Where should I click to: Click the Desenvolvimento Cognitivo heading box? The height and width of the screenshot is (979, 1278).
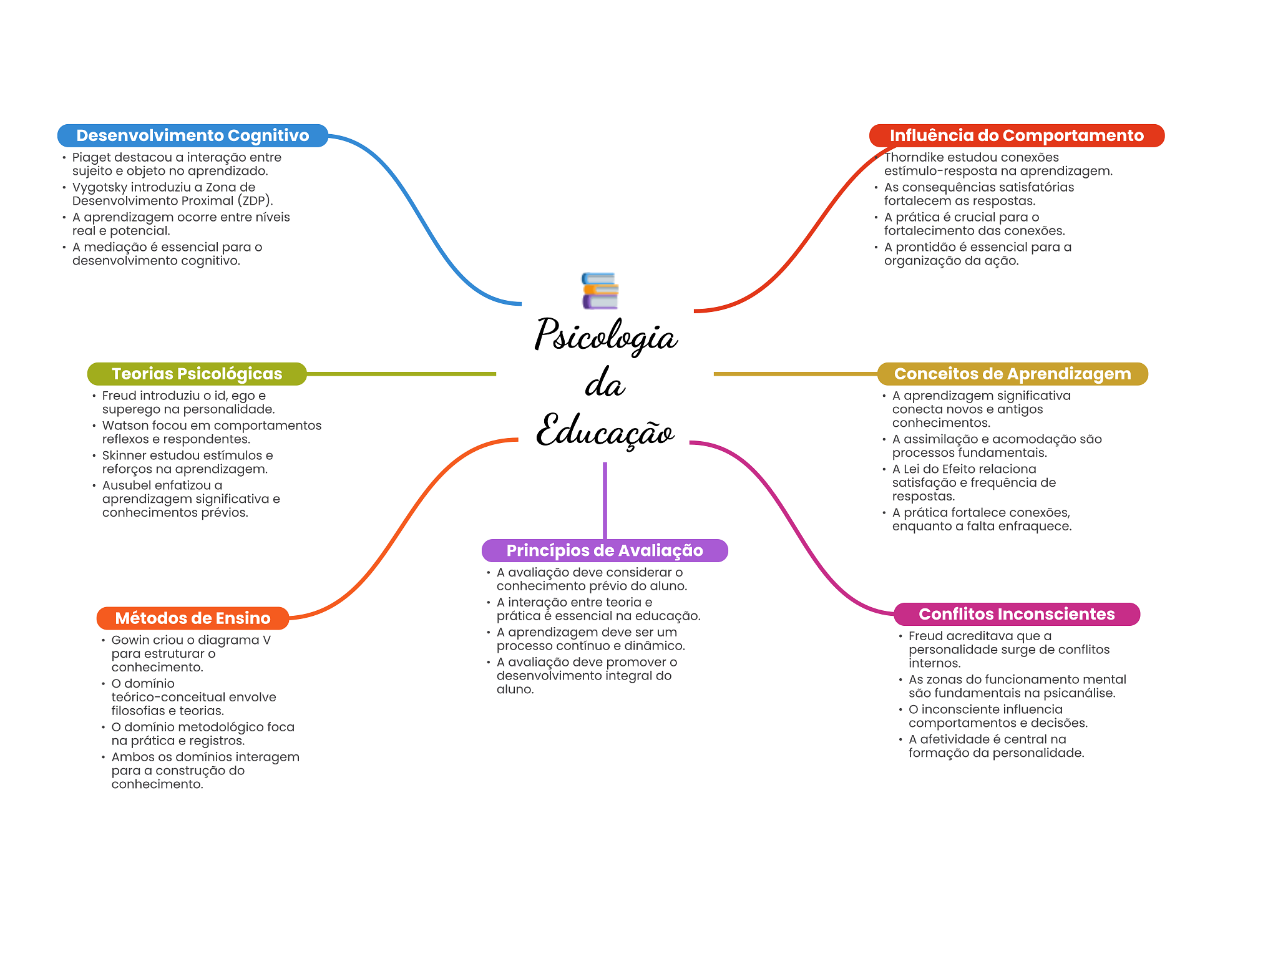tap(193, 135)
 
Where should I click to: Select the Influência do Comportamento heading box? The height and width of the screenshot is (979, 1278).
tap(1017, 135)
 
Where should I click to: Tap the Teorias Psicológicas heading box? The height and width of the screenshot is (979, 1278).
tap(197, 374)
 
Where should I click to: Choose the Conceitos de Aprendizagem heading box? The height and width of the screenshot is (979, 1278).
tap(1013, 374)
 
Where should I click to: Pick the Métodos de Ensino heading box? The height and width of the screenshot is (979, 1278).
tap(193, 618)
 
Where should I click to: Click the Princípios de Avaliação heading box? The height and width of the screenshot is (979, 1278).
tap(605, 550)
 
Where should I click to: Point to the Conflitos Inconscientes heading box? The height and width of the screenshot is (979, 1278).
tap(1017, 614)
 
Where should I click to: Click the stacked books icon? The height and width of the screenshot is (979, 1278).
tap(600, 291)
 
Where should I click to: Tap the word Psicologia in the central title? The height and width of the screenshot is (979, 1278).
tap(606, 335)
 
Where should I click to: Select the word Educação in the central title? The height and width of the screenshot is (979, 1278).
tap(605, 430)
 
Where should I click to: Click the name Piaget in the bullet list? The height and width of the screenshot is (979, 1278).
tap(92, 158)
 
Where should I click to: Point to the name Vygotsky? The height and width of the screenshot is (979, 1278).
tap(100, 187)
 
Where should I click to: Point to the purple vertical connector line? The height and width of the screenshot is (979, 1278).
tap(605, 500)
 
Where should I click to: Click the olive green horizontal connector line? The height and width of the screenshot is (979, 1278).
tap(401, 374)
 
